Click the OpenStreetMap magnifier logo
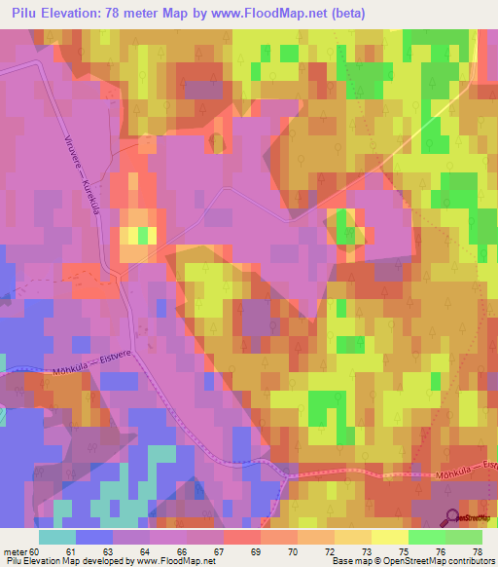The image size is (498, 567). (453, 518)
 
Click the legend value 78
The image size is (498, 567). (478, 551)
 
